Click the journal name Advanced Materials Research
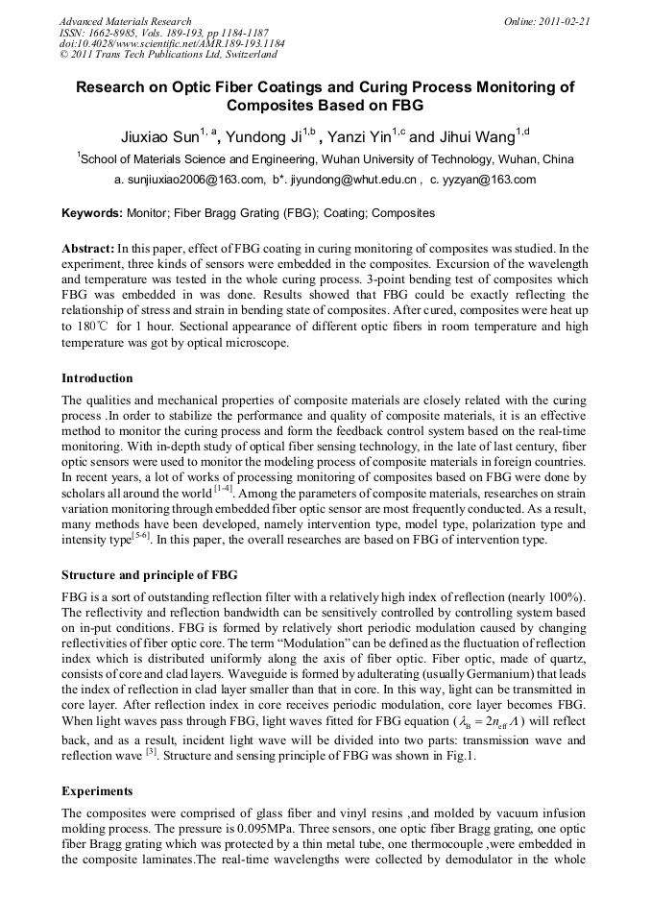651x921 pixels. (125, 20)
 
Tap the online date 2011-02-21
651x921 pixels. (563, 20)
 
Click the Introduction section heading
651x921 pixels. (97, 378)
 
